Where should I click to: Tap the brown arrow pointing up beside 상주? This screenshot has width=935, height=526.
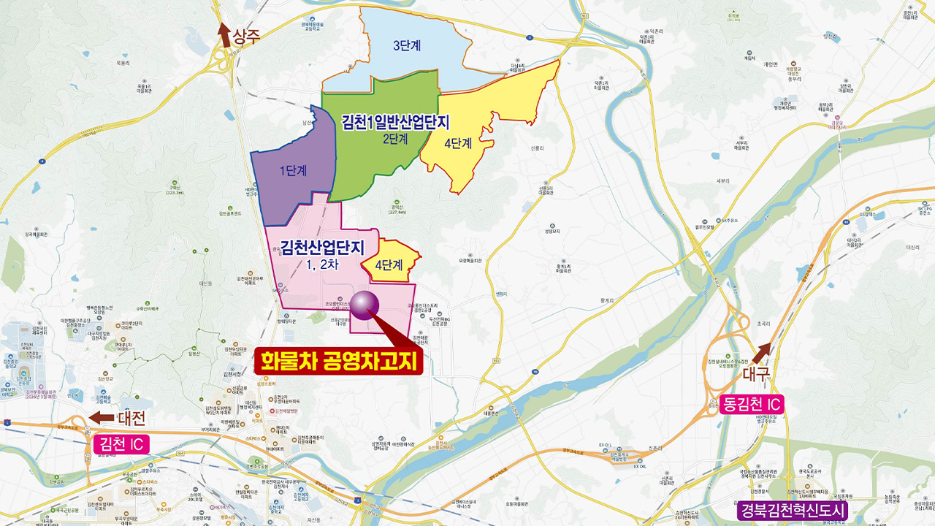[225, 34]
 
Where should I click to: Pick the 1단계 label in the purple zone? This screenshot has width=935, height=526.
[292, 170]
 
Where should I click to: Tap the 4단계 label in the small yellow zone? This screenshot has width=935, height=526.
[389, 265]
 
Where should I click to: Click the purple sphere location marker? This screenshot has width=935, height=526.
[365, 304]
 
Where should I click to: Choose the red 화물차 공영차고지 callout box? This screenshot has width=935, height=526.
[339, 361]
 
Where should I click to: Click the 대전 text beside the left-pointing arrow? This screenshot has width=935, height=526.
[132, 418]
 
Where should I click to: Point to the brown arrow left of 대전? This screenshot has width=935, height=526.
[101, 418]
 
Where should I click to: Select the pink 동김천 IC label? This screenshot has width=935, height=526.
[751, 404]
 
